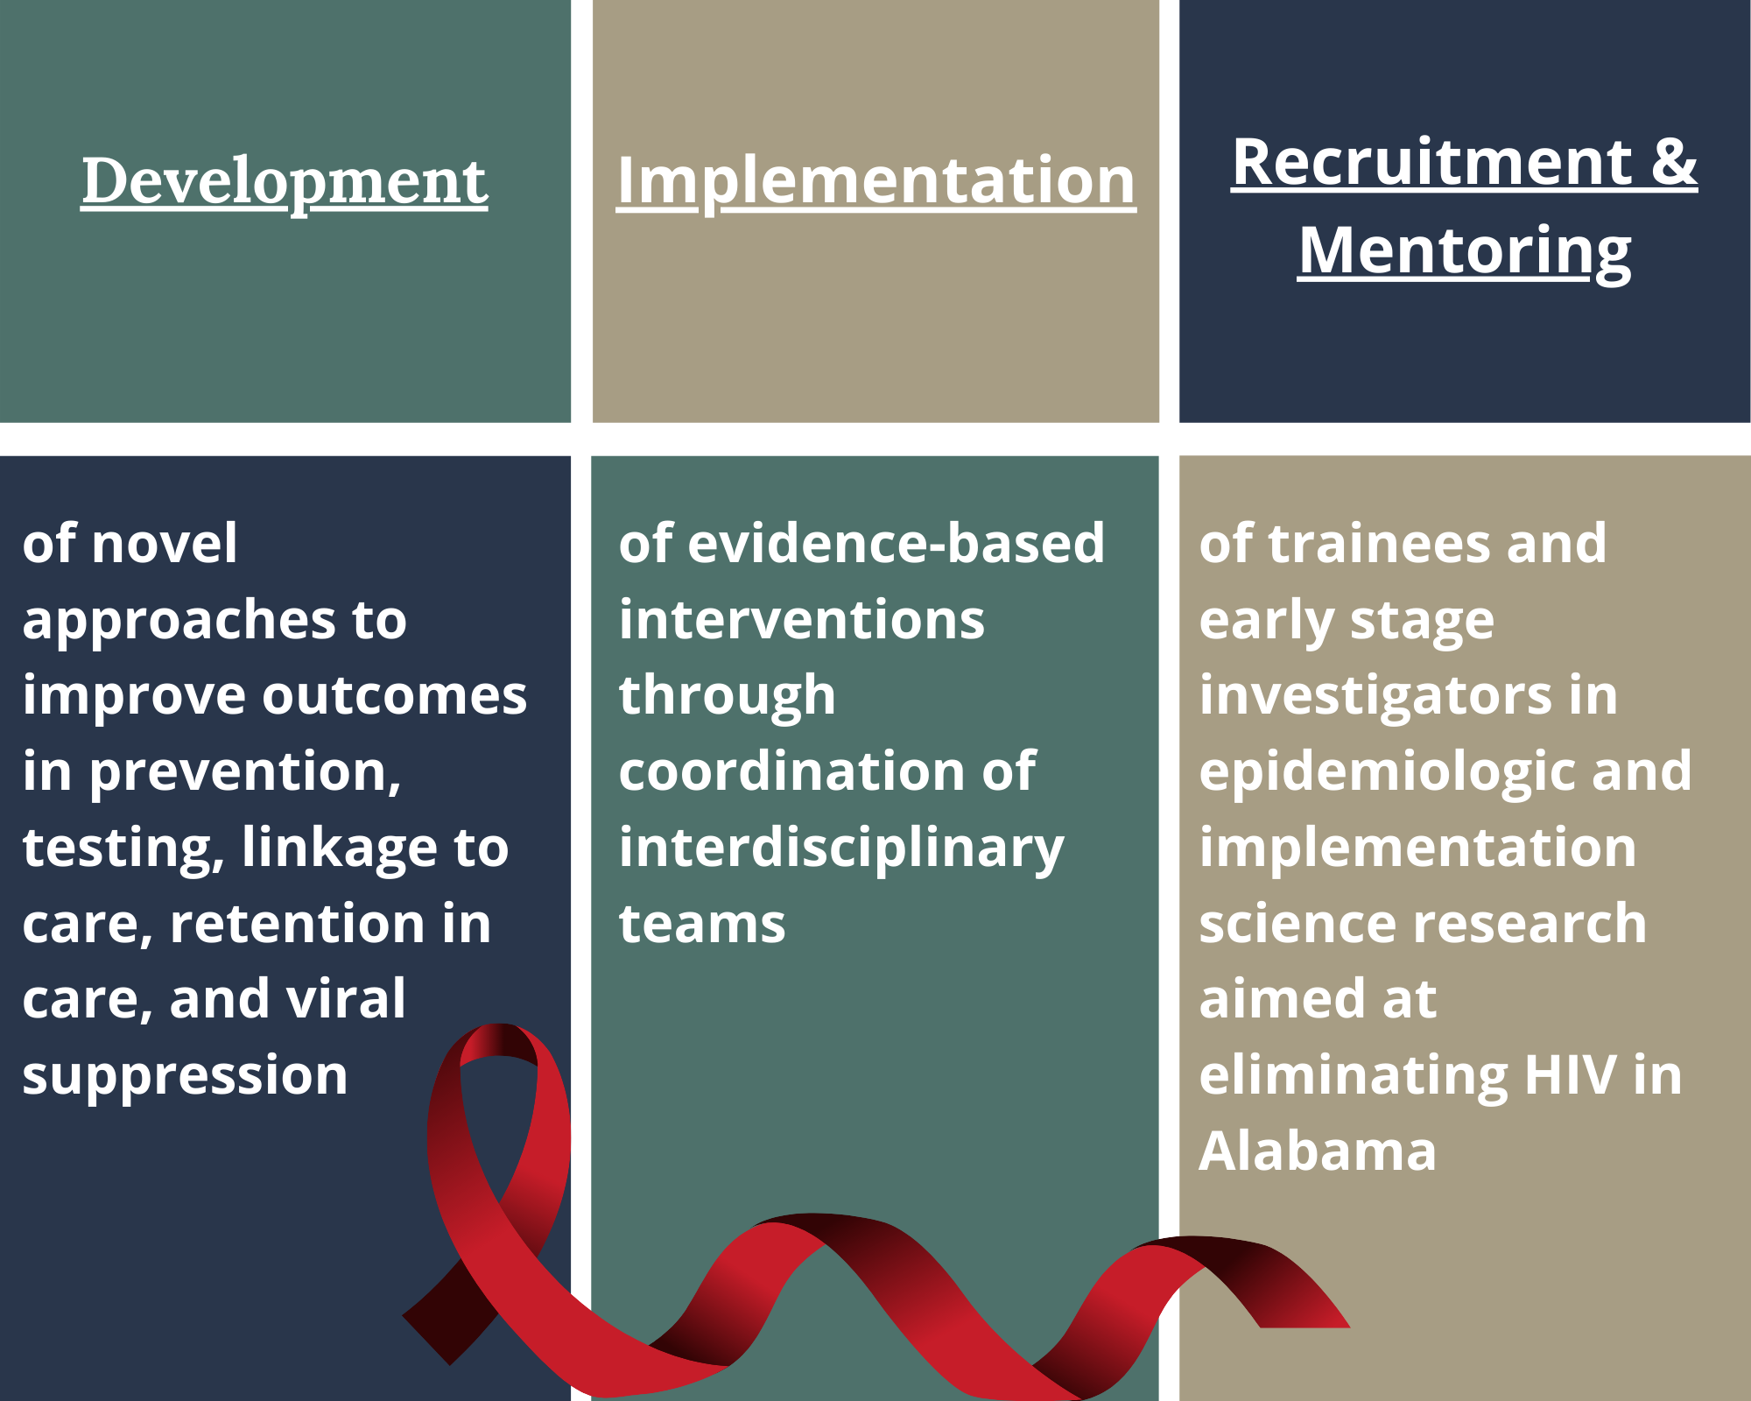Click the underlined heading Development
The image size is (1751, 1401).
pyautogui.click(x=285, y=182)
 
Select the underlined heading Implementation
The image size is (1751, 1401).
pyautogui.click(x=876, y=182)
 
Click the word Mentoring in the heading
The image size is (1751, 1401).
pyautogui.click(x=1465, y=252)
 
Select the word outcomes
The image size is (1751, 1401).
pyautogui.click(x=395, y=695)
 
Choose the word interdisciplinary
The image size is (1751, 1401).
pyautogui.click(x=841, y=848)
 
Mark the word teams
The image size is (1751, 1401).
pyautogui.click(x=702, y=924)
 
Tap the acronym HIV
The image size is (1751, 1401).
pyautogui.click(x=1570, y=1074)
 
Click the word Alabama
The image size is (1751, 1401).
pyautogui.click(x=1318, y=1151)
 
